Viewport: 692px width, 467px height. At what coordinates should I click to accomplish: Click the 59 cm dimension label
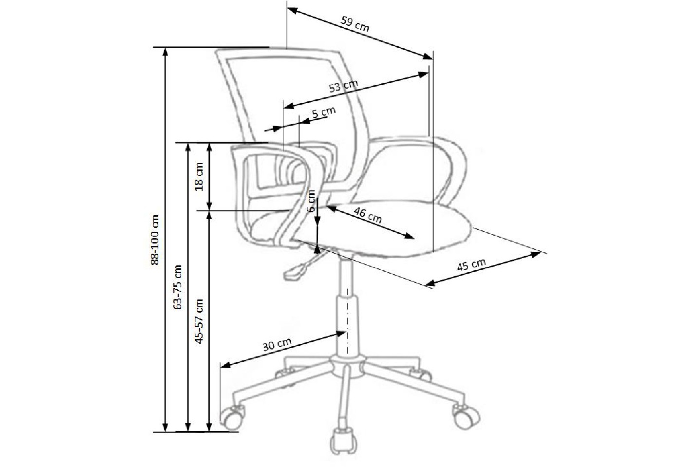tap(355, 24)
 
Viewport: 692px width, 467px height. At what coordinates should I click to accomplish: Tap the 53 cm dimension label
tap(343, 86)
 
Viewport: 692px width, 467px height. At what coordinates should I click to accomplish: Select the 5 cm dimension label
tap(324, 112)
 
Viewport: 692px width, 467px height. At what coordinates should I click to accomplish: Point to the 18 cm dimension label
tap(199, 177)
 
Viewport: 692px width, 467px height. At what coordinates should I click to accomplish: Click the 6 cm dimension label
tap(311, 201)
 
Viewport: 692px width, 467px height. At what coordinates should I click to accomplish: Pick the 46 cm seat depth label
tap(368, 216)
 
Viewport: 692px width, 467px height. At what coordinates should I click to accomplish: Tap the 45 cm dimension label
tap(471, 265)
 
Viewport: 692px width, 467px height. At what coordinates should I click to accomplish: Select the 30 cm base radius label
tap(277, 344)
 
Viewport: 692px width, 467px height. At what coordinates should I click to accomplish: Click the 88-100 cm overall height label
tap(155, 240)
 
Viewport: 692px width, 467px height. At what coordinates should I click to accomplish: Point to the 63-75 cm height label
tap(178, 287)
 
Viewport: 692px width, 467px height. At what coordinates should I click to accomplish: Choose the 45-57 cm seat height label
tap(199, 321)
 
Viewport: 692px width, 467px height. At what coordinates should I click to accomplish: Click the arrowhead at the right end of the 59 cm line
tap(428, 56)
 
